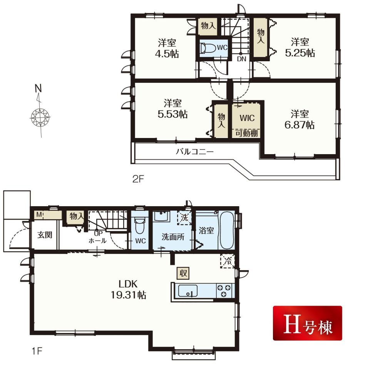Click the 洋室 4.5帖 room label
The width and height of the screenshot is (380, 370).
[x=167, y=48]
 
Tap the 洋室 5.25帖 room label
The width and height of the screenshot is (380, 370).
[x=300, y=47]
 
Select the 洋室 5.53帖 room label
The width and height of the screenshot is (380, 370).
[x=172, y=109]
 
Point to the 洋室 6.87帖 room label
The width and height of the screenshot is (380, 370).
[x=300, y=119]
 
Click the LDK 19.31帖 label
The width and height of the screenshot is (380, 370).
[x=128, y=289]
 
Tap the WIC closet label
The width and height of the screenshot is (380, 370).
[x=247, y=118]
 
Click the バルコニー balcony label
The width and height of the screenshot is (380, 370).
[x=194, y=152]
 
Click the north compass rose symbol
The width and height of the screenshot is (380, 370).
[x=40, y=118]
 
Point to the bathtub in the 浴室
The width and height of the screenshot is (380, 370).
[x=226, y=230]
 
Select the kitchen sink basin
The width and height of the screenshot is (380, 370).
[x=188, y=291]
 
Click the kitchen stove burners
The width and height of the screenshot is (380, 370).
[x=224, y=291]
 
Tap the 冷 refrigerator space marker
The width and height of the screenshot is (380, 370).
[x=227, y=261]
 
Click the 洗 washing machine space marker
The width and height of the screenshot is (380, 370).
[x=184, y=218]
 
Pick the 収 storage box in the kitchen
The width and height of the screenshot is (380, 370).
[x=183, y=273]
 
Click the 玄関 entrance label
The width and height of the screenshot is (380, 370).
[x=45, y=235]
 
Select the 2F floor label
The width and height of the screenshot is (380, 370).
[x=138, y=179]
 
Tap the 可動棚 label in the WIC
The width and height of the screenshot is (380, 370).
[x=246, y=133]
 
